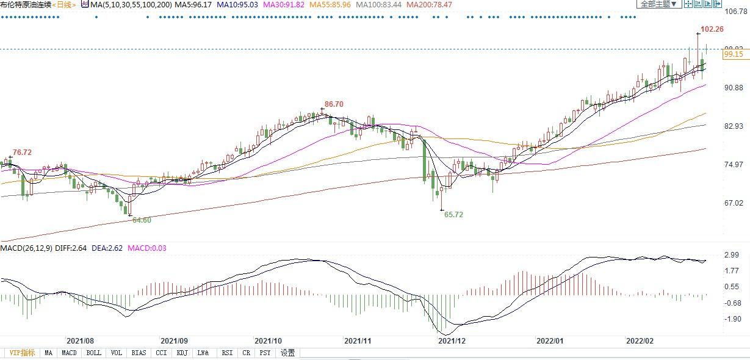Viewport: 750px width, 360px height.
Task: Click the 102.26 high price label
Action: point(712,29)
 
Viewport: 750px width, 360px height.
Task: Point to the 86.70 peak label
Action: point(334,104)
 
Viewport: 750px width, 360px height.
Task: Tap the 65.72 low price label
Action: point(453,215)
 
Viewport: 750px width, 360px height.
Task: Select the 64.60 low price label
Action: point(142,220)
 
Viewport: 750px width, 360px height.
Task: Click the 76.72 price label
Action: point(22,152)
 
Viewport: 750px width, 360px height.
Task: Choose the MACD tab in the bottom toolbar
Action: point(69,353)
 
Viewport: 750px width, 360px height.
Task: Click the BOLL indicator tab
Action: point(93,353)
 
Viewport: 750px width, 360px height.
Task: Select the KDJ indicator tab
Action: point(182,353)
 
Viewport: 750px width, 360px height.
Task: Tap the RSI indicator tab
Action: point(227,353)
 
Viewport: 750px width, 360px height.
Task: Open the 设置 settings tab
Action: point(287,353)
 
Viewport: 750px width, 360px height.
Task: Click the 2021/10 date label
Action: point(267,341)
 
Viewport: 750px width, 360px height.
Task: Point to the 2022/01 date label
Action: point(549,341)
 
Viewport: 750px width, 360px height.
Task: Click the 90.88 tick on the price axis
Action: point(734,88)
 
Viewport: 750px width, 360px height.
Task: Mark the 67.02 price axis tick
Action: point(734,203)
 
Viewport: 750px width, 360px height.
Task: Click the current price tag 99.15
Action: point(733,54)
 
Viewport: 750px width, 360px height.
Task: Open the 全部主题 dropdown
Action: point(658,4)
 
